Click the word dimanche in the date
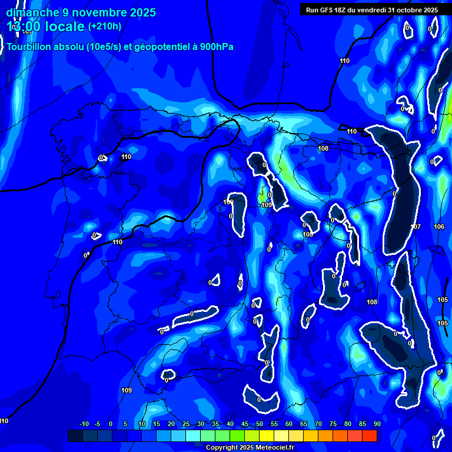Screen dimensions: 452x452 pos(33,12)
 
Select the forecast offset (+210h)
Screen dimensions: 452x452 pos(105,26)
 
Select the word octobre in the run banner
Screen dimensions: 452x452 pos(416,10)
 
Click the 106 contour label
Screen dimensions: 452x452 pos(439,227)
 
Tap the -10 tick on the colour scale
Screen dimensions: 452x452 pos(84,424)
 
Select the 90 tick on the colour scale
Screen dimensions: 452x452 pos(377,424)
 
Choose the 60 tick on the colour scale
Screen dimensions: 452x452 pos(288,424)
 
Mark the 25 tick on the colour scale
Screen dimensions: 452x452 pos(185,424)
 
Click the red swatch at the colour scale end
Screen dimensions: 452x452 pos(369,436)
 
